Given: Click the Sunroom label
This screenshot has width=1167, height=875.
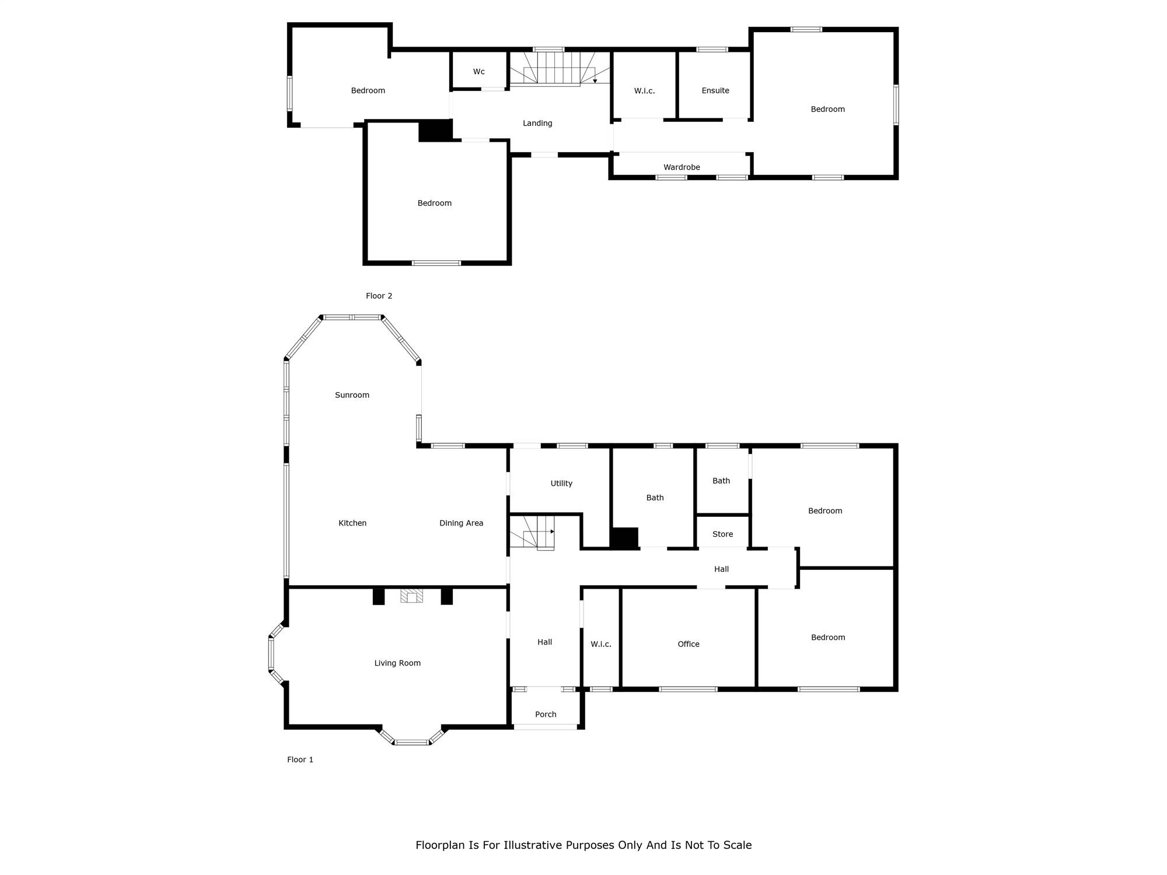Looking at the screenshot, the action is (352, 395).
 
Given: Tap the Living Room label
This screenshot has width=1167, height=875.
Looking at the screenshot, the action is (397, 663).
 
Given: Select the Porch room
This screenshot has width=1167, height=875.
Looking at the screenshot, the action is (546, 708).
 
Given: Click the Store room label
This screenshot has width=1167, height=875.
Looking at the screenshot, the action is (722, 534).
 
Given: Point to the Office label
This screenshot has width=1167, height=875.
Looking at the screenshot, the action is (689, 644).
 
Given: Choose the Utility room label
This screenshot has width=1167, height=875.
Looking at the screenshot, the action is (561, 484).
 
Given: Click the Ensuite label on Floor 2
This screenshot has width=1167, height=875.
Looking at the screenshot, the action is (715, 90).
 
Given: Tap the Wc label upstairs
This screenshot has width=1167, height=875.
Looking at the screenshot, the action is (479, 72).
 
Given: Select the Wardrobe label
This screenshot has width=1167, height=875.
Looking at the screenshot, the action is (682, 167).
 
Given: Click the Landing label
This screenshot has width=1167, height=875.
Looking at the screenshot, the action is (537, 123).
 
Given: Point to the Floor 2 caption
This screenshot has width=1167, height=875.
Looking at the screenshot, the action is (379, 296).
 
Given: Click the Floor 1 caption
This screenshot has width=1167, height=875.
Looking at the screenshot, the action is (300, 759).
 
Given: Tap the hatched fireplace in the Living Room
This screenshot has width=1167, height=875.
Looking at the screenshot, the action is (412, 596).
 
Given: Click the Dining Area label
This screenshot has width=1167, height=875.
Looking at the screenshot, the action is (461, 523).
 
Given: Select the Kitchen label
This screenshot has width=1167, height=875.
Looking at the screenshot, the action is (352, 523).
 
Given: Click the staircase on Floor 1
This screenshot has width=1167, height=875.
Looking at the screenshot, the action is (532, 533).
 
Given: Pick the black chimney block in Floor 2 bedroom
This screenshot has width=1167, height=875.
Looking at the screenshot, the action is (435, 130).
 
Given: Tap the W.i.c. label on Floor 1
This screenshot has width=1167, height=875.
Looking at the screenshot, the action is (601, 644).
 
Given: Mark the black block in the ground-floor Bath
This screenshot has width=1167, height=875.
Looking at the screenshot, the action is (624, 538).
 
